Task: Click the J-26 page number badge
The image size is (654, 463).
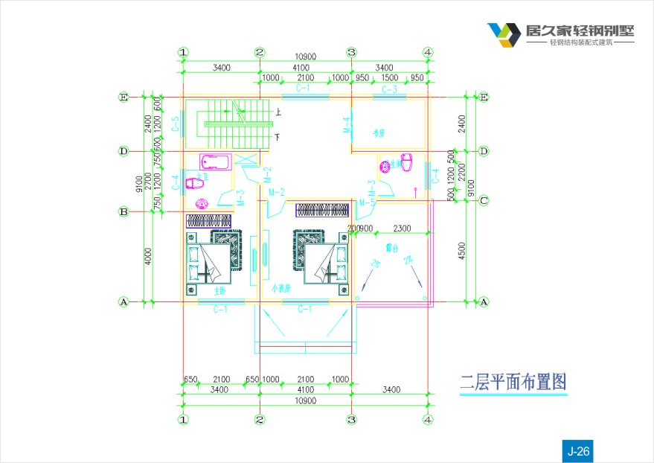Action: click(x=578, y=450)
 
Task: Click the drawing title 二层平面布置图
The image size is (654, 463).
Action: click(x=513, y=383)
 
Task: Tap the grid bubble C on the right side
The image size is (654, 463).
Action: click(x=484, y=199)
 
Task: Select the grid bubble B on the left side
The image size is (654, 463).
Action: click(x=124, y=212)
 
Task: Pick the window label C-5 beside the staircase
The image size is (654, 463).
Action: click(x=175, y=124)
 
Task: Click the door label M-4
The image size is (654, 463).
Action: click(x=346, y=125)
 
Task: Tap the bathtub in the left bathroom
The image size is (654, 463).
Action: click(x=217, y=161)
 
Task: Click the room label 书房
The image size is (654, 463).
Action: click(x=379, y=133)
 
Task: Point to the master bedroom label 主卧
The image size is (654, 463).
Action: click(x=220, y=291)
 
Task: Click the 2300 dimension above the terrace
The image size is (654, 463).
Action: click(x=402, y=228)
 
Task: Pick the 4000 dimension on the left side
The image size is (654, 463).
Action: click(x=149, y=257)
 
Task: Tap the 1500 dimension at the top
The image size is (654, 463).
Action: click(x=389, y=78)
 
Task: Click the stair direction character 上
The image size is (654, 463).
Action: click(x=278, y=113)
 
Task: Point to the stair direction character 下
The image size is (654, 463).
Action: click(x=277, y=138)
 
